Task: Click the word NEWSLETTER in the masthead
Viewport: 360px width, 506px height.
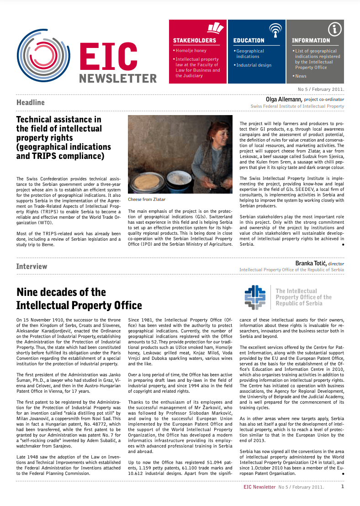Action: pyautogui.click(x=118, y=78)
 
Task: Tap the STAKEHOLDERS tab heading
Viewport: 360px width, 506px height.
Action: pyautogui.click(x=194, y=40)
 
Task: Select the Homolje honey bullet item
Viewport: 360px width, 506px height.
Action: pyautogui.click(x=191, y=51)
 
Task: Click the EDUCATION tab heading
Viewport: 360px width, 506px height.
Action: pyautogui.click(x=249, y=40)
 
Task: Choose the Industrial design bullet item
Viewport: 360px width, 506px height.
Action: pyautogui.click(x=254, y=65)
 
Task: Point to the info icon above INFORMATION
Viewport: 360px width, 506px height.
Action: pyautogui.click(x=335, y=29)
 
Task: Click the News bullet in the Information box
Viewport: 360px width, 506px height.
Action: pyautogui.click(x=301, y=76)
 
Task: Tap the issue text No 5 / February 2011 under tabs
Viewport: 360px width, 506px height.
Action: pyautogui.click(x=321, y=89)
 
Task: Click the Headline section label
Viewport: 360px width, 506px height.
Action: pyautogui.click(x=31, y=102)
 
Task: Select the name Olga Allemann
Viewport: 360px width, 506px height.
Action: pyautogui.click(x=284, y=99)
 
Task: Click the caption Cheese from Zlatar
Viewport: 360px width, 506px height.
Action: pyautogui.click(x=147, y=200)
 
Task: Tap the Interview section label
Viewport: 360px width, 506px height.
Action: pyautogui.click(x=32, y=266)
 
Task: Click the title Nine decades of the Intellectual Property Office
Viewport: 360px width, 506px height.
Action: pyautogui.click(x=61, y=299)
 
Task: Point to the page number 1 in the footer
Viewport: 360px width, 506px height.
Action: pyautogui.click(x=343, y=486)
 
